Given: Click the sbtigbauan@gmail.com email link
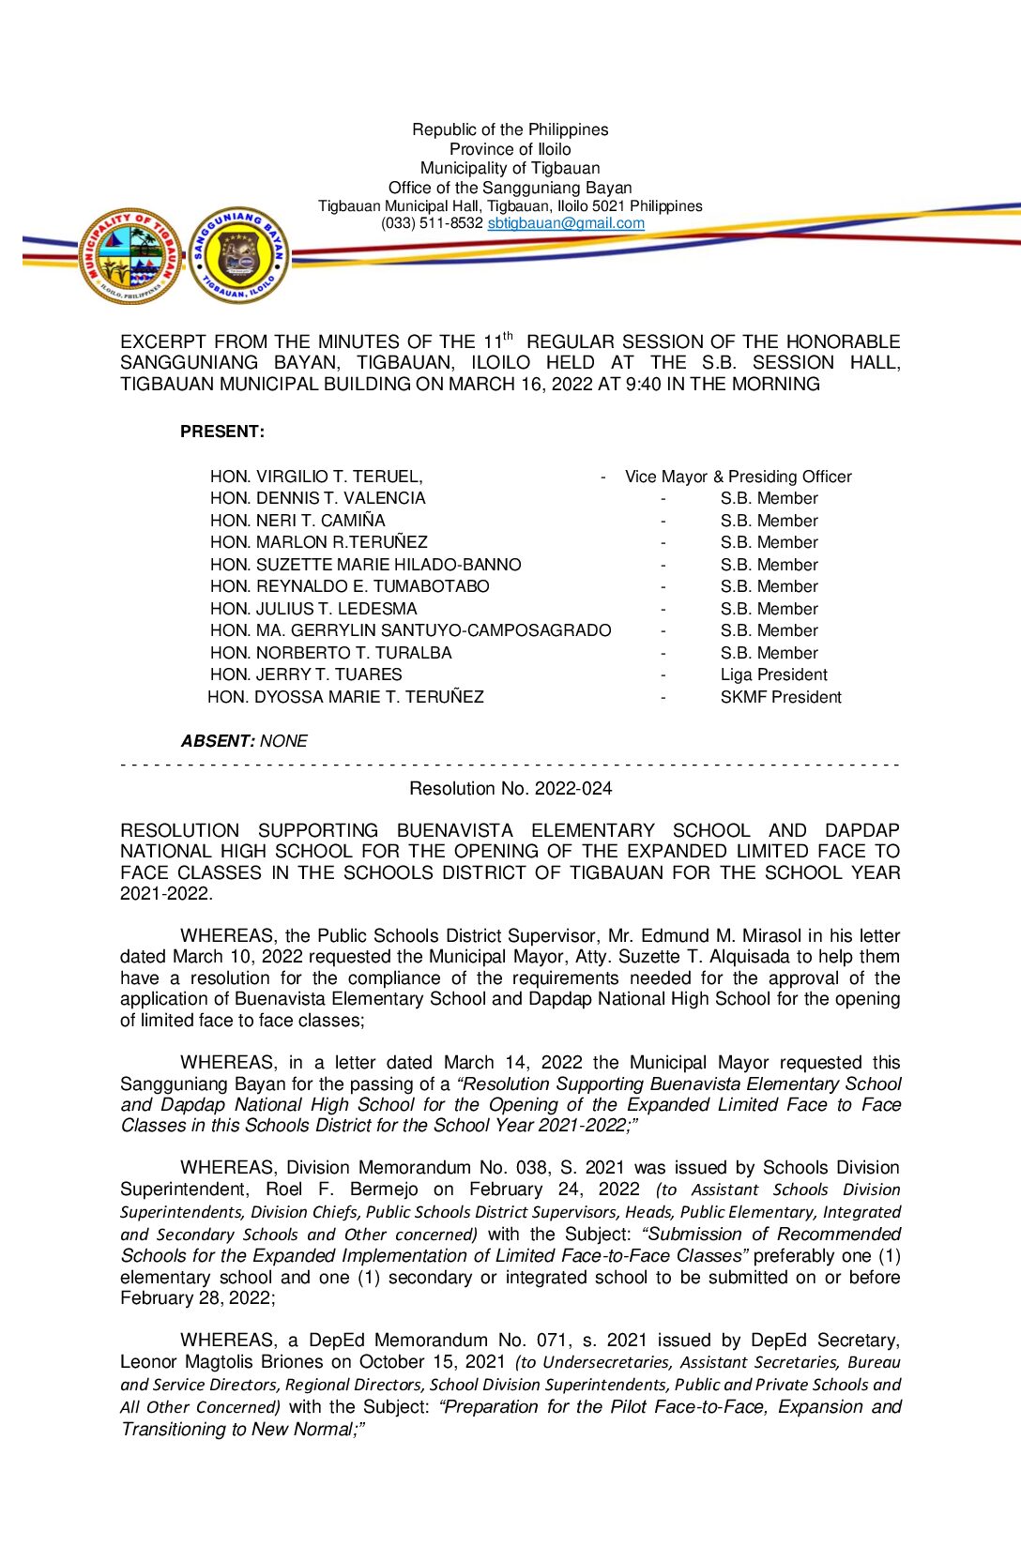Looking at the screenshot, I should click(x=566, y=223).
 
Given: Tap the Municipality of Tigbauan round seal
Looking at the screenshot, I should click(x=131, y=256).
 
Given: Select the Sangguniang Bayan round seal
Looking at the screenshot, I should click(x=239, y=256).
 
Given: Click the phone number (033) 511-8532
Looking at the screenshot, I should click(x=432, y=223).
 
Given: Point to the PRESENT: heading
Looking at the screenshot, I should click(x=222, y=432).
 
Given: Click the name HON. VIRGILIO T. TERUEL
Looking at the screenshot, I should click(x=316, y=477).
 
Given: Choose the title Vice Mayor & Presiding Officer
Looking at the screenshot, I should click(x=739, y=477).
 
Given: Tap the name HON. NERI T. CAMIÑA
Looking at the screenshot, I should click(x=297, y=521).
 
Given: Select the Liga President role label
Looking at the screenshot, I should click(x=773, y=674).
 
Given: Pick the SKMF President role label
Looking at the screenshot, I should click(x=781, y=697).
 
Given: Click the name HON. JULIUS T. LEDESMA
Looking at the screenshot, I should click(x=313, y=609).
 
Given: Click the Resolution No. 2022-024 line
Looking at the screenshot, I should click(x=510, y=789).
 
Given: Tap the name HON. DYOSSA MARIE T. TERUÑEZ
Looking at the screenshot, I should click(x=345, y=697).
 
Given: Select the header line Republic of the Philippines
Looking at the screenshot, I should click(x=510, y=129).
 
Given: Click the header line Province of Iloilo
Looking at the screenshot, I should click(x=510, y=149).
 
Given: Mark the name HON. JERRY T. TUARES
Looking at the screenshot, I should click(x=306, y=674).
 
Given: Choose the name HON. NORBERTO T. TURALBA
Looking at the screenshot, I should click(x=331, y=653).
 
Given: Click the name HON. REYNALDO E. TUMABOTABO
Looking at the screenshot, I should click(x=350, y=586).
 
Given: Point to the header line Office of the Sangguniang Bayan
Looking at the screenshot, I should click(x=510, y=188).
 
